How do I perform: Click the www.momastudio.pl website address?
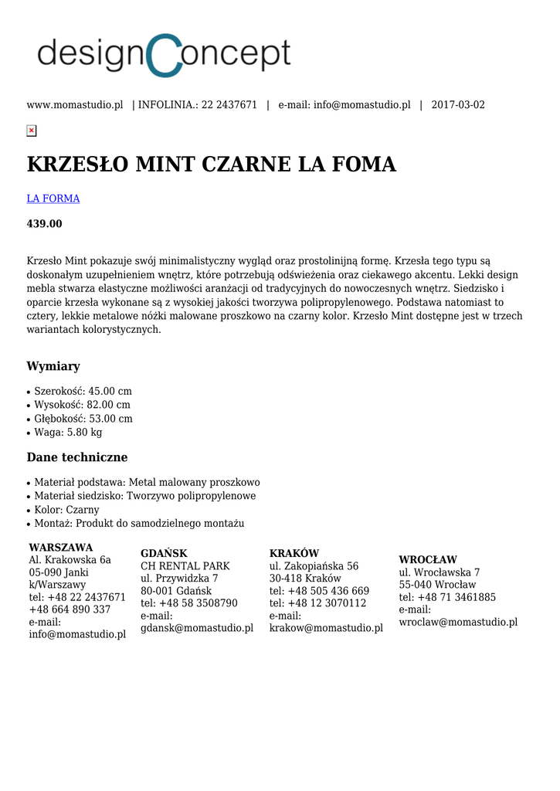point(75,105)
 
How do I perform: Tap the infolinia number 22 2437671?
point(229,105)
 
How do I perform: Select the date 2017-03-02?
point(458,105)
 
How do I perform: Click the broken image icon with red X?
point(32,131)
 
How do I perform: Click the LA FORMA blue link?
point(53,199)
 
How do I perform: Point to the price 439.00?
point(45,224)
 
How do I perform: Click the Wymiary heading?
point(53,366)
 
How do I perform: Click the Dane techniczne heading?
point(77,457)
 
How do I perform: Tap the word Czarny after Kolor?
point(82,510)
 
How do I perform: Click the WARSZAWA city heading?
point(61,548)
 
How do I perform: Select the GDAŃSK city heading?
point(164,553)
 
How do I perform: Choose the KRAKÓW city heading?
point(294,553)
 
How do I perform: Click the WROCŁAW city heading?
point(428,559)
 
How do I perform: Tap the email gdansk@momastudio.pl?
point(197,628)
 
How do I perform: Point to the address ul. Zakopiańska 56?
point(314,566)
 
